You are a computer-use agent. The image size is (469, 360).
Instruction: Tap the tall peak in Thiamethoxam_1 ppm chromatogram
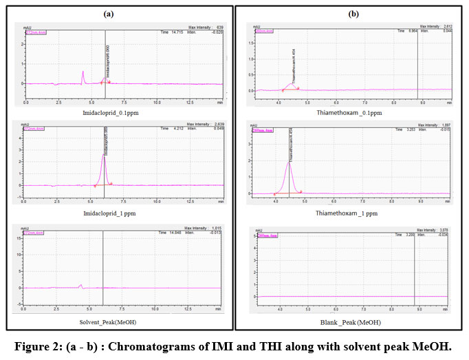[x=290, y=165]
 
